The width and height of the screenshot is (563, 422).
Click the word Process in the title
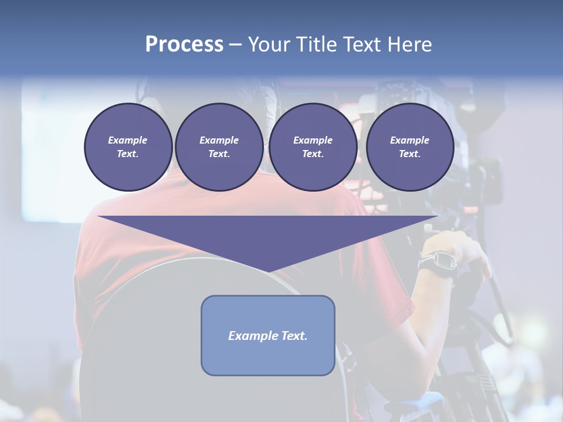click(x=184, y=45)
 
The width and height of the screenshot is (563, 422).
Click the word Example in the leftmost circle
click(x=128, y=140)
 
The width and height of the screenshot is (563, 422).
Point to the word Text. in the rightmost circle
click(x=409, y=154)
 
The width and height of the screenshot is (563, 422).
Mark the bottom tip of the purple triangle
click(x=268, y=271)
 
